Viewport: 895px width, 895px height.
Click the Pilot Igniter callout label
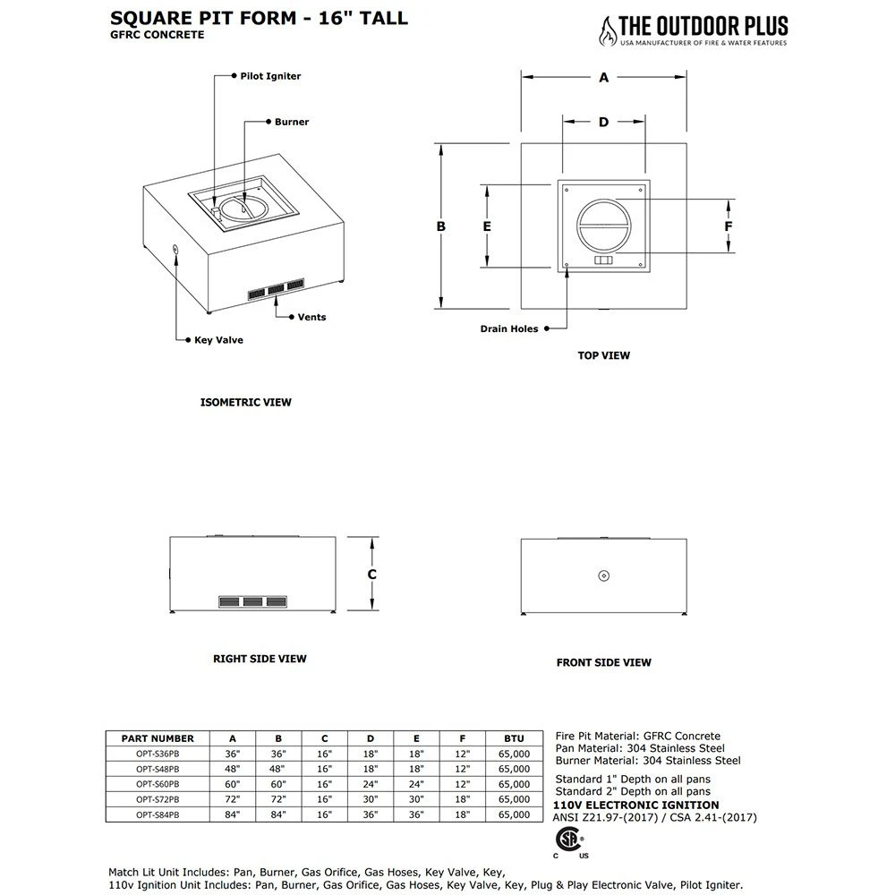(270, 76)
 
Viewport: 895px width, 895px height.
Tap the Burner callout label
(292, 122)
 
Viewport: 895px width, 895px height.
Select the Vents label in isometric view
(311, 317)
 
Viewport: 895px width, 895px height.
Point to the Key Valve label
(218, 340)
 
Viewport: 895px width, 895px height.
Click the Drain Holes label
(509, 328)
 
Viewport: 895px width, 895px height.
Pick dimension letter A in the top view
(604, 78)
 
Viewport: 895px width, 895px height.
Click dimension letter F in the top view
(729, 226)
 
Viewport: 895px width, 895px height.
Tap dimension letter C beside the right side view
(371, 574)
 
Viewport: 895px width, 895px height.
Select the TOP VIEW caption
(603, 355)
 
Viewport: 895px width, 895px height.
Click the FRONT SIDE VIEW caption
(603, 662)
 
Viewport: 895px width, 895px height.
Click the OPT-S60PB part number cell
(157, 783)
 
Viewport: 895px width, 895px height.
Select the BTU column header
(514, 738)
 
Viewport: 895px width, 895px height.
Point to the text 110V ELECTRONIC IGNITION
(636, 805)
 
